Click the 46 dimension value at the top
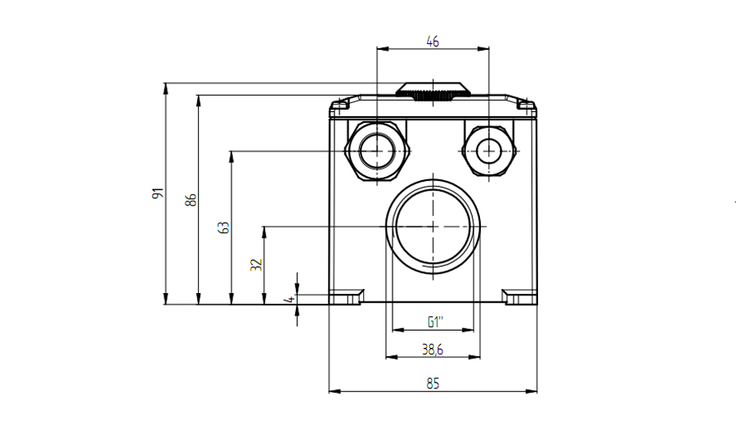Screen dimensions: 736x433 (x=433, y=41)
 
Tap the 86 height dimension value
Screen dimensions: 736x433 (x=191, y=200)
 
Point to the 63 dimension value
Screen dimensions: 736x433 (x=224, y=228)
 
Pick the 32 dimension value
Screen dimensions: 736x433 (x=256, y=264)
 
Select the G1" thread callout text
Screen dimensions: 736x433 (x=435, y=322)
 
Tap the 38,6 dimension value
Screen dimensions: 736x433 (x=433, y=350)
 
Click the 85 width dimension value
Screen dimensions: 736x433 (x=433, y=384)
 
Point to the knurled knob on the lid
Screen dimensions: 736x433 (x=433, y=91)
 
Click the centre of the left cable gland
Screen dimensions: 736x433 (x=377, y=151)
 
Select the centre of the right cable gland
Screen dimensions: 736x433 (x=489, y=151)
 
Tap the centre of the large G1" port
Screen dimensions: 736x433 (x=433, y=227)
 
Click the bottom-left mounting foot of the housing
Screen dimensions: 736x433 (x=347, y=297)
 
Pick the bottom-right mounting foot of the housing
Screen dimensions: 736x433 (x=519, y=297)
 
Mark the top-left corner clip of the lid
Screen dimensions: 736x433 (x=339, y=107)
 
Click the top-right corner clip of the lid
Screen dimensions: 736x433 (x=527, y=107)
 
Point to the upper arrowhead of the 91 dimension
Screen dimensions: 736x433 (x=165, y=88)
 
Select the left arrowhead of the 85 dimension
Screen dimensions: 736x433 (x=334, y=390)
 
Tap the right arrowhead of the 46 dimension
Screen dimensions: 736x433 (x=483, y=48)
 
